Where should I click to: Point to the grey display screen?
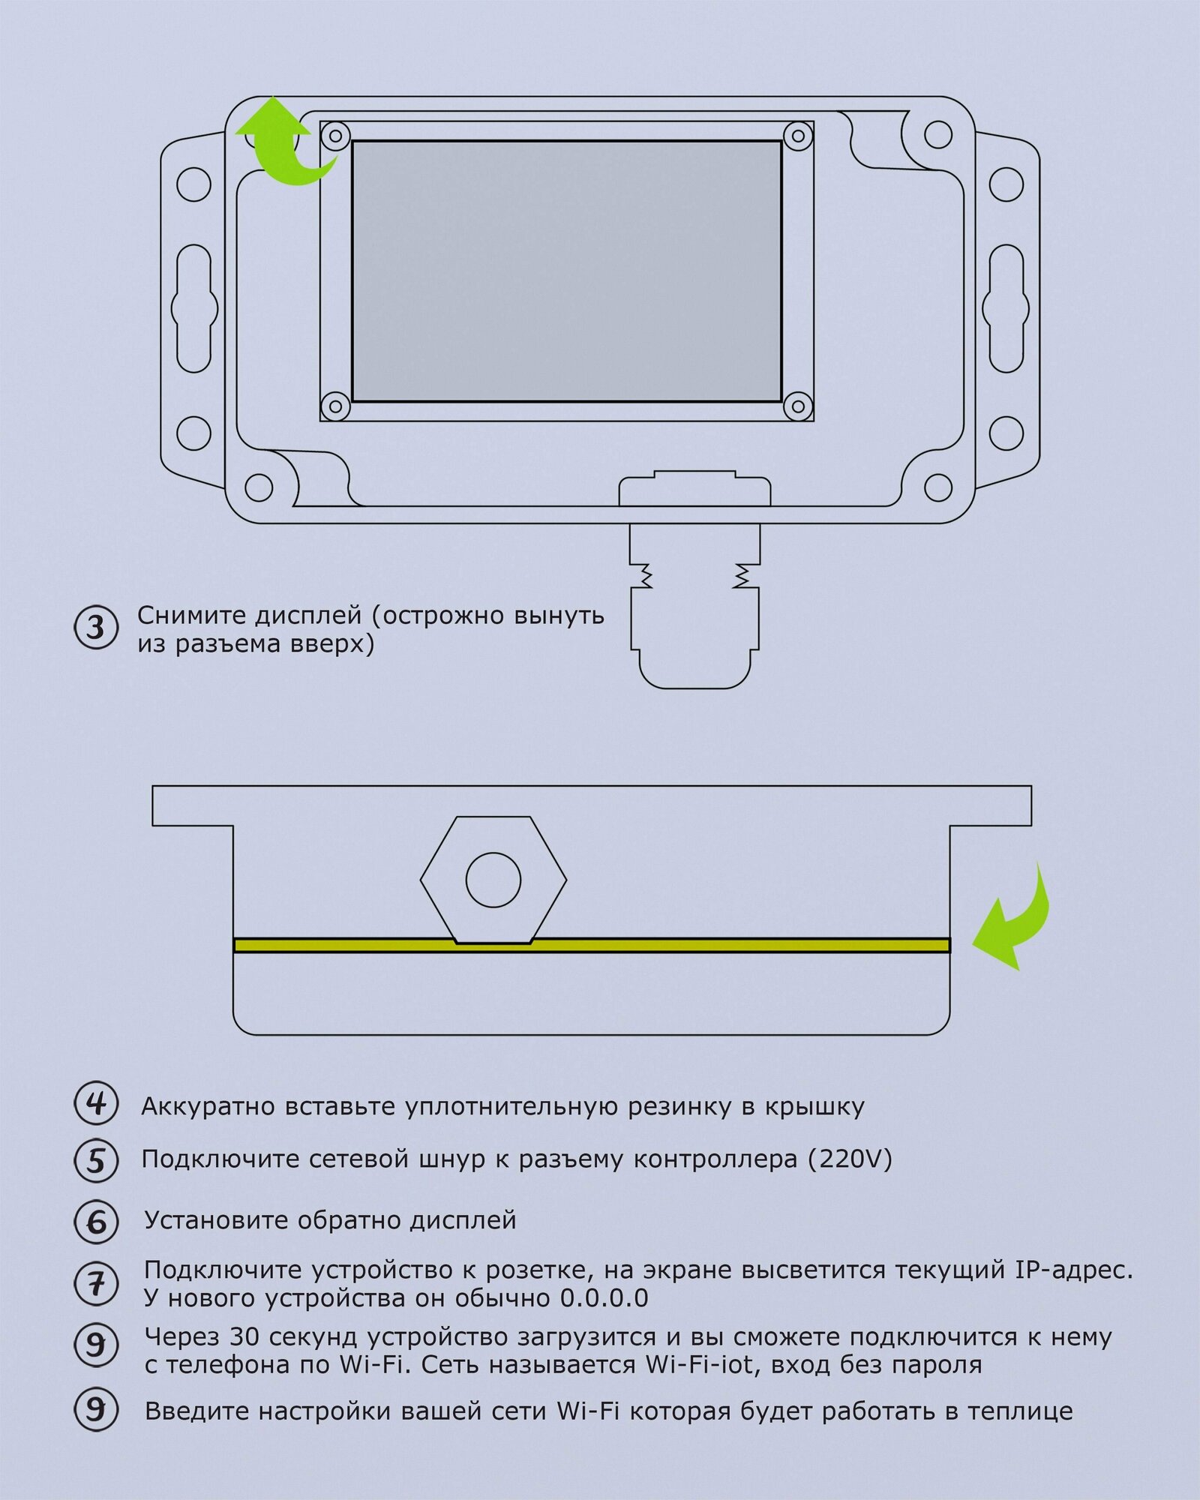tap(566, 271)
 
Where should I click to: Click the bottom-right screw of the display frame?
tap(798, 407)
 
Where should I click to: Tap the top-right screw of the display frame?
tap(798, 136)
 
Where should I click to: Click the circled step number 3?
tap(96, 628)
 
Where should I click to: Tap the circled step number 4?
tap(96, 1104)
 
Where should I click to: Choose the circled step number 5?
tap(96, 1161)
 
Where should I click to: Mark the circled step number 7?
tap(96, 1284)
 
